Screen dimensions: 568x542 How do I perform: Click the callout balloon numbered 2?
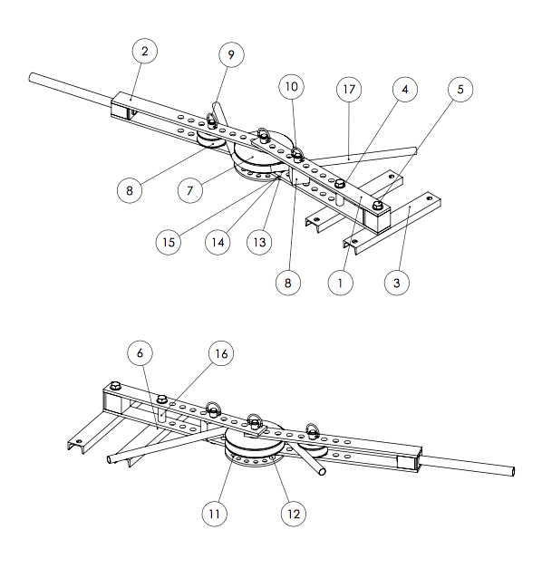(x=144, y=52)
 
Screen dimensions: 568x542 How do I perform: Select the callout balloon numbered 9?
(x=231, y=55)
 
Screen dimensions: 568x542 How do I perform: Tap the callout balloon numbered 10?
(x=290, y=88)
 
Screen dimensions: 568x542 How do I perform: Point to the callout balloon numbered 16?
(x=222, y=352)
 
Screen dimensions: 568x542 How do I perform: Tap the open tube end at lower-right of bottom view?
(x=512, y=472)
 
